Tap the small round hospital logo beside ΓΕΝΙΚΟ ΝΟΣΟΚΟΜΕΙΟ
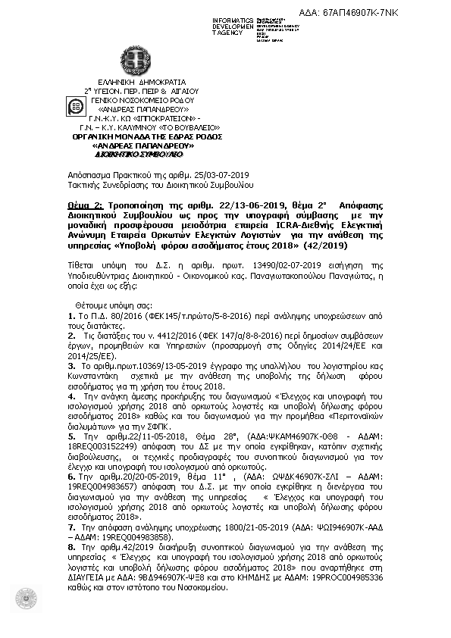click(x=77, y=107)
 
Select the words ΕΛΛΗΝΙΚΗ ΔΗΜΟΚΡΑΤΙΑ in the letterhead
click(x=142, y=80)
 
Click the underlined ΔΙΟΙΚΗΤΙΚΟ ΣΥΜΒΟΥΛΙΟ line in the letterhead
click(x=139, y=153)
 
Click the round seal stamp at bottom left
click(x=26, y=598)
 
